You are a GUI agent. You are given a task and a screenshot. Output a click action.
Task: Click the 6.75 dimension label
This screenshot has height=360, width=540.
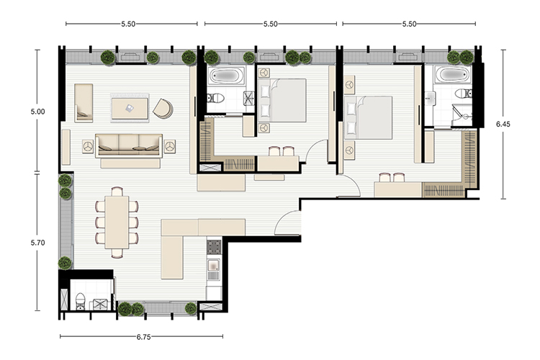click(x=143, y=337)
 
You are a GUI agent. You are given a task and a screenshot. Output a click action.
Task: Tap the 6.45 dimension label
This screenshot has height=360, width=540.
click(x=503, y=124)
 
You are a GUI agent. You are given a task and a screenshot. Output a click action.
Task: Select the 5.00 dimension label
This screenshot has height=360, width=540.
click(x=37, y=112)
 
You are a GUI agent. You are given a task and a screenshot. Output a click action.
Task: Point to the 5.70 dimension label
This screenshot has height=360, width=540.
click(x=37, y=243)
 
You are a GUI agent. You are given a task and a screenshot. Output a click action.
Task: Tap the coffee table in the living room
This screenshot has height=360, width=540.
click(x=130, y=109)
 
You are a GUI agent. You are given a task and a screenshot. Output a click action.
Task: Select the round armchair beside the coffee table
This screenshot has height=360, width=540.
click(x=163, y=108)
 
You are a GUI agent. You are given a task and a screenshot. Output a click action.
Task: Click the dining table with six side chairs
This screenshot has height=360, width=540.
click(x=117, y=222)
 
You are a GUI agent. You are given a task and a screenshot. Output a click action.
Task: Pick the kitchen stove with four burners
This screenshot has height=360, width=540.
click(x=214, y=247)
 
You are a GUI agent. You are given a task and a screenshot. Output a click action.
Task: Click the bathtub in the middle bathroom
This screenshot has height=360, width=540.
click(x=226, y=75)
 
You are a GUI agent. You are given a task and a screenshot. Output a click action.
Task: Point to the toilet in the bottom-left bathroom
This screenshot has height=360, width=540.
click(x=80, y=301)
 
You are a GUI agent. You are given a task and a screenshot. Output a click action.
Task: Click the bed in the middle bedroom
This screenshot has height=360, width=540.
click(x=282, y=100)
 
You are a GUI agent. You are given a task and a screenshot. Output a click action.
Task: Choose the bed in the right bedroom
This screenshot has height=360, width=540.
click(x=368, y=117)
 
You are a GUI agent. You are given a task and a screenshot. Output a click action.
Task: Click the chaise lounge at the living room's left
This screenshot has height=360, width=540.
click(x=84, y=103)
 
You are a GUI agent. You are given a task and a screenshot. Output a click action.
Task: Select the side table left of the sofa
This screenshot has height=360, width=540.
click(x=88, y=146)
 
